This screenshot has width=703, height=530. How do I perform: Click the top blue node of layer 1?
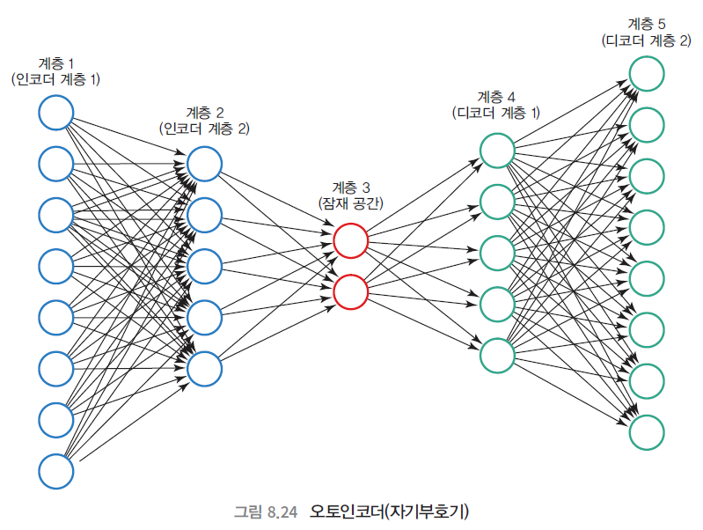click(55, 113)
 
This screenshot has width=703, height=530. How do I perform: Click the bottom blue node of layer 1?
click(55, 470)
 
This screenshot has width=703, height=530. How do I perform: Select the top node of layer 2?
click(204, 164)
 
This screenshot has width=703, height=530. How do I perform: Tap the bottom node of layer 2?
click(204, 368)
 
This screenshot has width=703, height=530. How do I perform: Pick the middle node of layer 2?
click(204, 266)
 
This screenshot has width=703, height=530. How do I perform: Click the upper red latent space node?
click(350, 240)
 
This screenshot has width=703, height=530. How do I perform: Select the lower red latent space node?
click(350, 291)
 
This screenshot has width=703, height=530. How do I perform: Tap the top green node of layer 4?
click(497, 150)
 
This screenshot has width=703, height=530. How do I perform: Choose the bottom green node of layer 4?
click(497, 354)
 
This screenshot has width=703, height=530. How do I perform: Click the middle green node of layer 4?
click(497, 252)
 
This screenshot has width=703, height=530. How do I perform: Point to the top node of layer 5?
click(646, 73)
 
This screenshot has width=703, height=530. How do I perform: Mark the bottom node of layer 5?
click(646, 431)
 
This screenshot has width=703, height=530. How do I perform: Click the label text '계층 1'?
click(56, 63)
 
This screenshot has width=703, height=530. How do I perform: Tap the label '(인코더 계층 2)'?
click(204, 129)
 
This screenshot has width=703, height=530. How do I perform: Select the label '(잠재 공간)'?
click(350, 203)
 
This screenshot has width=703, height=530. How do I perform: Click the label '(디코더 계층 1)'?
click(496, 113)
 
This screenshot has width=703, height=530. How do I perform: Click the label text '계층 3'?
click(350, 187)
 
